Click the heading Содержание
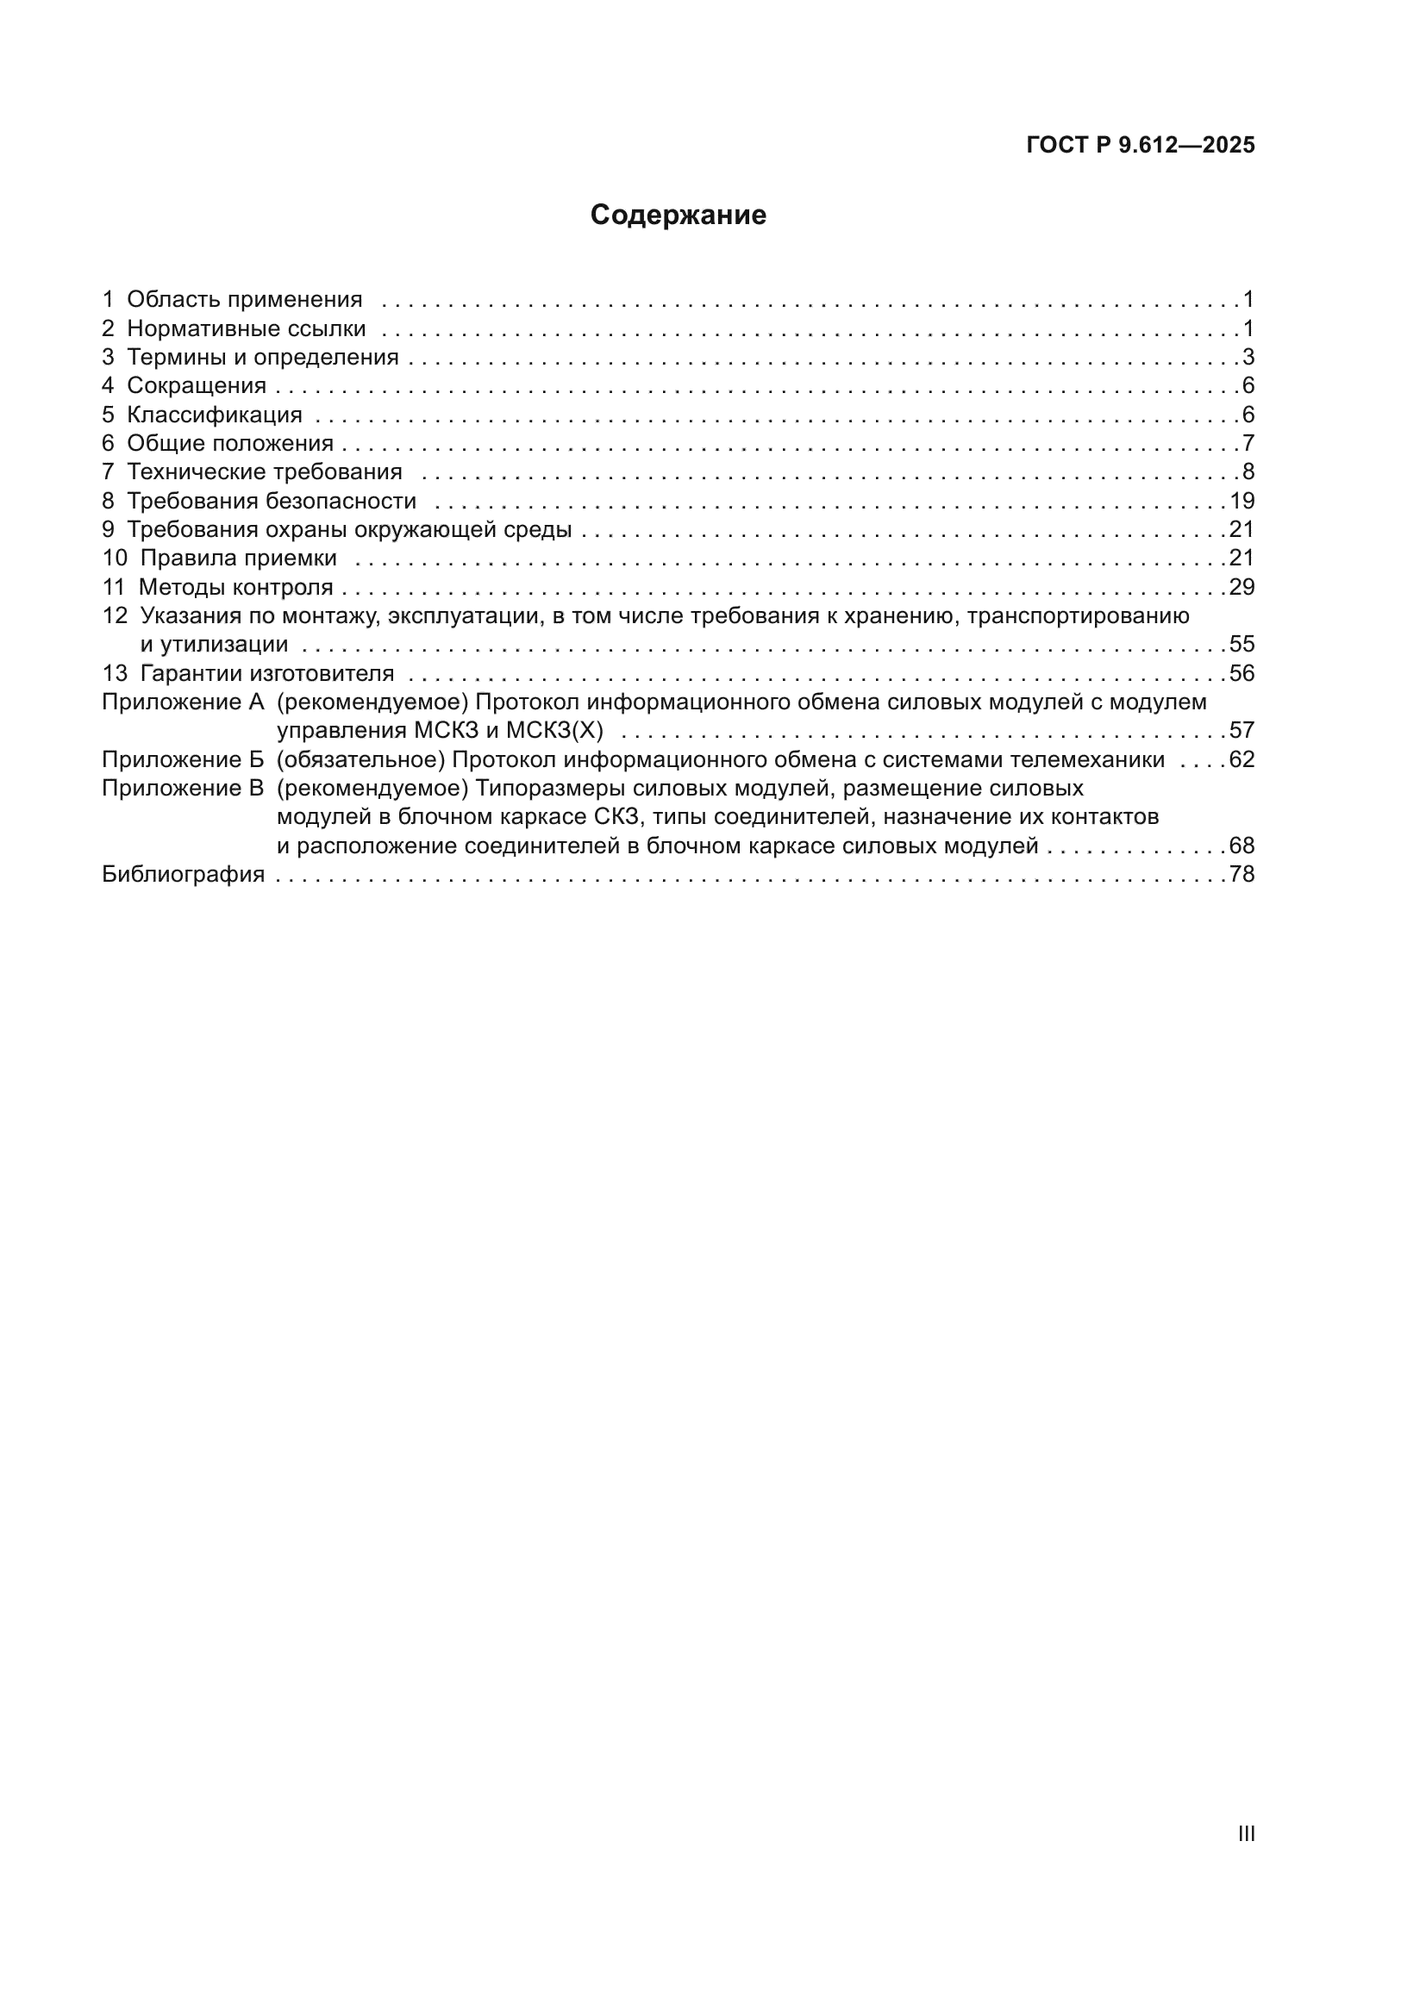(678, 215)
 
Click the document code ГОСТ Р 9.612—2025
(1140, 146)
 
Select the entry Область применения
(244, 299)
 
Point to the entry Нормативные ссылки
(246, 328)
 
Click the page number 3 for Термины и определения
(1248, 358)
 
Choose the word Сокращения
(197, 385)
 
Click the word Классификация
(215, 415)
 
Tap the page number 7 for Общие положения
(1248, 443)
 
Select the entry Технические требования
(265, 472)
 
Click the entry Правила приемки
(238, 559)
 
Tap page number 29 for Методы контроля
(1241, 588)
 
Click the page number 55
(1241, 645)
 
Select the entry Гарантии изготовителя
(267, 673)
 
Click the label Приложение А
(183, 702)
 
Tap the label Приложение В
(183, 789)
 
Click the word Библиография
(183, 875)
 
